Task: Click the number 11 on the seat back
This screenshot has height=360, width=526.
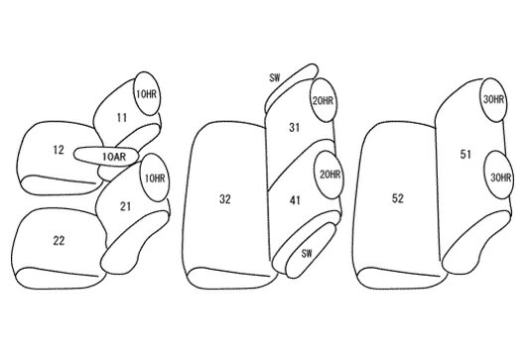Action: click(x=122, y=118)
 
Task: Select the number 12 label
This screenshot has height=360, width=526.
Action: click(x=59, y=150)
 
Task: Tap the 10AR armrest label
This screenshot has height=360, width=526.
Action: click(x=114, y=157)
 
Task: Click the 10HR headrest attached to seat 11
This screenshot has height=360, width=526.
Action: click(x=146, y=94)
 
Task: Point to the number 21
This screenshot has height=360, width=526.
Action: click(x=125, y=206)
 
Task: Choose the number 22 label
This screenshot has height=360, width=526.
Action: click(x=59, y=240)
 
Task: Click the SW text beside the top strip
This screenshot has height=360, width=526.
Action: click(x=274, y=78)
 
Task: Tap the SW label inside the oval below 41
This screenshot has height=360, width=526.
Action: click(x=307, y=254)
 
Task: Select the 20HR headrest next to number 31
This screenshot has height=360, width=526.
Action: click(x=323, y=100)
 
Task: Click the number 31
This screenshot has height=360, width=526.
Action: click(x=294, y=128)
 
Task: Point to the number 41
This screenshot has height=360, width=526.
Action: click(x=295, y=200)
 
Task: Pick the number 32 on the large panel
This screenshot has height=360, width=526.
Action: click(x=225, y=199)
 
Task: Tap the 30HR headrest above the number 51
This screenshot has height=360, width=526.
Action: click(x=494, y=99)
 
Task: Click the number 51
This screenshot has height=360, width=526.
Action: click(x=465, y=155)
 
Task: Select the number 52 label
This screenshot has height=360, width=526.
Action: click(x=398, y=198)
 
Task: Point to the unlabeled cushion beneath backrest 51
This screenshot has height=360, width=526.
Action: click(x=476, y=241)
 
